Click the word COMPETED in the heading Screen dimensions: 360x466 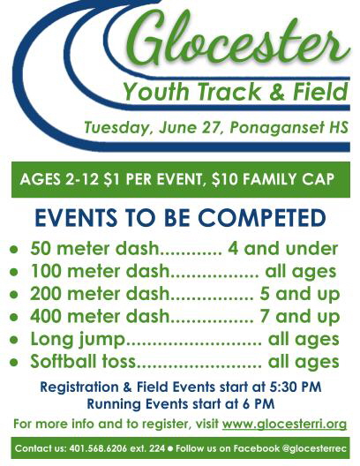tap(262, 217)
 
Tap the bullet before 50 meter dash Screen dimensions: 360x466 tap(13, 250)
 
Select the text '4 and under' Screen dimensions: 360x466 tap(282, 249)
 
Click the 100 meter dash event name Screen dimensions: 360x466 tap(100, 271)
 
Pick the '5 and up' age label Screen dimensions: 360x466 tap(300, 294)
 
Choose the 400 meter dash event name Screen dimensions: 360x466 tap(100, 316)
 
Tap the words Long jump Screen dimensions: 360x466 tap(78, 340)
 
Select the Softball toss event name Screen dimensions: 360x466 tap(83, 361)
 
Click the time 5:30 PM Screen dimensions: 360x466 tap(296, 387)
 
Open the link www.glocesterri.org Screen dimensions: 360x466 tap(284, 424)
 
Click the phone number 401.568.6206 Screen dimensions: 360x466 tap(98, 448)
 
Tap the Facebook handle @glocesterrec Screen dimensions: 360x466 tap(313, 448)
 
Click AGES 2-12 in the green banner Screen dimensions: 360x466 tap(59, 179)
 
